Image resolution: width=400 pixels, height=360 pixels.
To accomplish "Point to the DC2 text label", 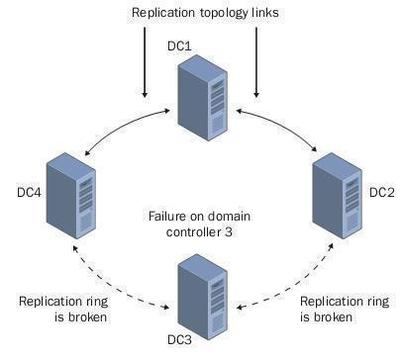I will coord(382,192).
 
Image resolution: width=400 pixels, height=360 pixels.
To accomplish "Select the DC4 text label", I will coord(30,191).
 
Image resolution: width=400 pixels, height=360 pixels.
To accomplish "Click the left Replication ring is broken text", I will coord(61,310).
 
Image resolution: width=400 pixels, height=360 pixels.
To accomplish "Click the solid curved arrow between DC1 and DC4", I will coord(117,126).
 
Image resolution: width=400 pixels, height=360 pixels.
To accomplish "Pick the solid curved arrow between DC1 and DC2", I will coord(281,126).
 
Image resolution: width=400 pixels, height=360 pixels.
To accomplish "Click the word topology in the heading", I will coord(227,14).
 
